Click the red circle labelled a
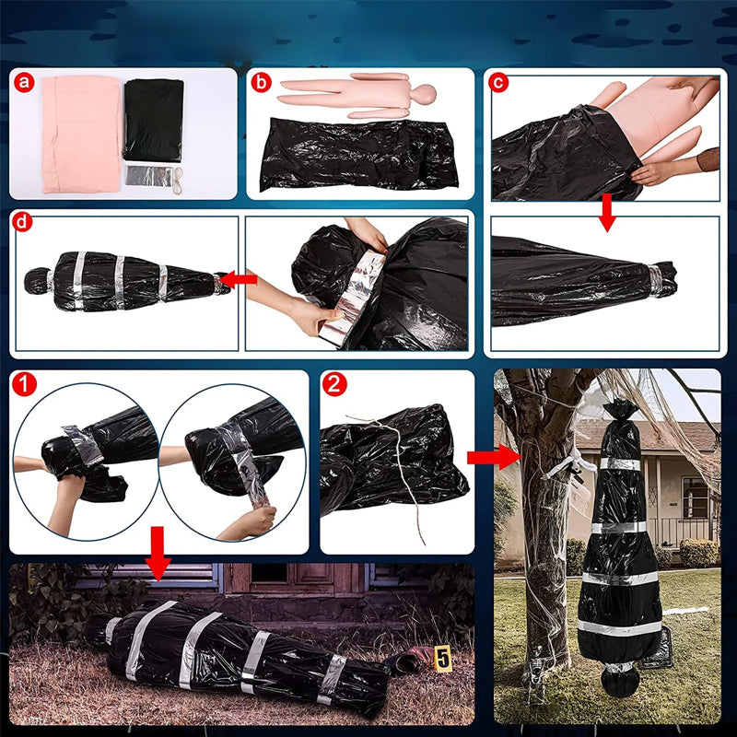(x=24, y=83)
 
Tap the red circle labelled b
(x=261, y=83)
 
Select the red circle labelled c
(x=498, y=83)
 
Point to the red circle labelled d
(x=22, y=222)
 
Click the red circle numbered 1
(x=25, y=384)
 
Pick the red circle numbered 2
(x=334, y=384)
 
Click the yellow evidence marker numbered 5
(x=443, y=658)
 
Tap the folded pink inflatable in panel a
(x=81, y=135)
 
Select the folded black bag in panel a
(x=153, y=120)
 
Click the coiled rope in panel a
(x=178, y=181)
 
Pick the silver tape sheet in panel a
(x=149, y=175)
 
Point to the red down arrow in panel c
(x=607, y=212)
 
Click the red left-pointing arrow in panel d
(x=239, y=280)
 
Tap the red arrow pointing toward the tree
(x=494, y=457)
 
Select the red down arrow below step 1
(x=158, y=554)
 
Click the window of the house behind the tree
(x=695, y=497)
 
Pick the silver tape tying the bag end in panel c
(x=655, y=281)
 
